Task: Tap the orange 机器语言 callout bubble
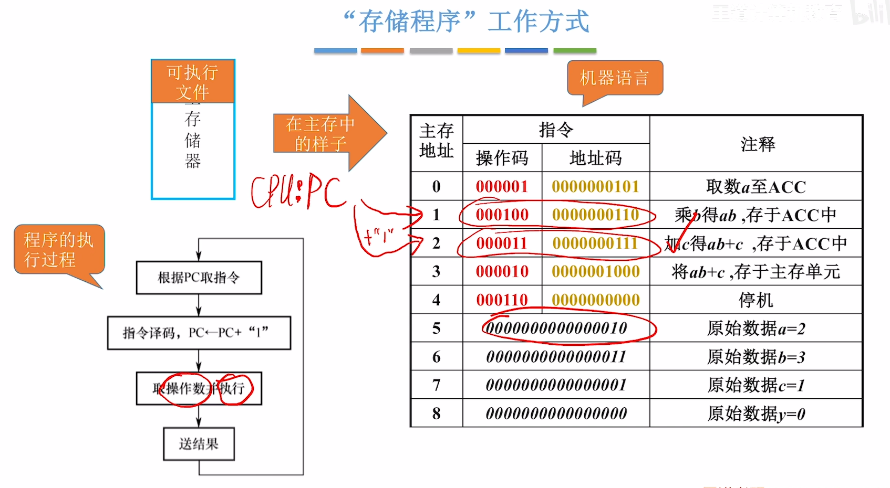point(615,78)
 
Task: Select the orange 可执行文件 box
point(193,82)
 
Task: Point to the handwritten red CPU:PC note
point(298,191)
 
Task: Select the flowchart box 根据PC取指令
point(199,278)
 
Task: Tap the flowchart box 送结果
point(199,444)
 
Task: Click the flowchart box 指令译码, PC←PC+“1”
point(199,333)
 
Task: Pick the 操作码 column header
point(502,158)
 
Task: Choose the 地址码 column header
point(595,158)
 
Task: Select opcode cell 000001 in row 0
point(502,187)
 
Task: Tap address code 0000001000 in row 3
point(595,272)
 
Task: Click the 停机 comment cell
point(756,300)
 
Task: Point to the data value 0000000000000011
point(556,357)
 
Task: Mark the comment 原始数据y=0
point(756,414)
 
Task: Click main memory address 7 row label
point(436,385)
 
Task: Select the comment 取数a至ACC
point(756,187)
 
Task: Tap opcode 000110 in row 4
point(502,300)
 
